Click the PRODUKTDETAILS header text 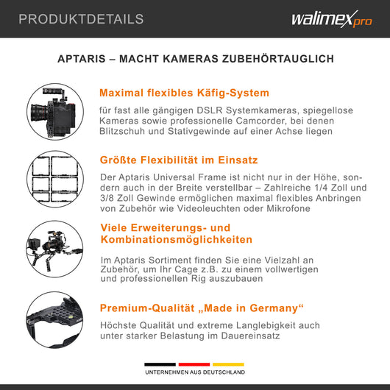(81, 19)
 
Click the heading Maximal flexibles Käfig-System (184, 93)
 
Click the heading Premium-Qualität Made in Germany (202, 307)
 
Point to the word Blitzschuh (129, 132)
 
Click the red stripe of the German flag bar (194, 364)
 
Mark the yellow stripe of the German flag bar (228, 364)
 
